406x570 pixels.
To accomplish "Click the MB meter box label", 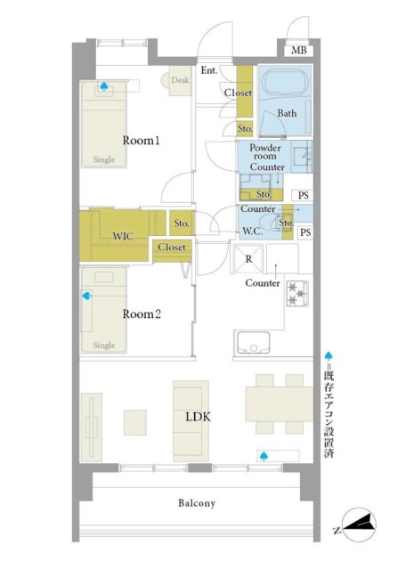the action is tap(299, 50).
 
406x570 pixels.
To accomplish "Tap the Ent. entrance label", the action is tap(209, 69).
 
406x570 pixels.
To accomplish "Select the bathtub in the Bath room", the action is tap(284, 83).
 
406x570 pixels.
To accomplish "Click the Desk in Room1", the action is tap(180, 80).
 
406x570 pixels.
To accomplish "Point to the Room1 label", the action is tap(141, 141).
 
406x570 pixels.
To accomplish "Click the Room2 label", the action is tap(142, 313).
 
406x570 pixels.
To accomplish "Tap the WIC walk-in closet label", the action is tap(123, 236).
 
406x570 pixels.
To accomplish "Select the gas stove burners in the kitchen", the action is tap(297, 293).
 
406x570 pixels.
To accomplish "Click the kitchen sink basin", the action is tap(254, 343).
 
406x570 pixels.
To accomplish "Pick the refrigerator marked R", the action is tap(248, 258).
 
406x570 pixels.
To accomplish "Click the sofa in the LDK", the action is tap(191, 421).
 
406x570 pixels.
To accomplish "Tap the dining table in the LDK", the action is tap(280, 403).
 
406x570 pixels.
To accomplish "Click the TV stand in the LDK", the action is tap(91, 427).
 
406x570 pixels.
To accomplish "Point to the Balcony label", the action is tap(197, 503).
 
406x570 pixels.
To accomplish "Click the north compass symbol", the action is tap(355, 525).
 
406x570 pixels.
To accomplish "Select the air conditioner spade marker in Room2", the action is tap(86, 296).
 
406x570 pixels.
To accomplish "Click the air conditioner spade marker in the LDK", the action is tap(264, 455).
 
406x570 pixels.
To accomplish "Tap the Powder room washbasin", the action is tap(301, 157).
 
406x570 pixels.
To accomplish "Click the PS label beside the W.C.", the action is tap(305, 232).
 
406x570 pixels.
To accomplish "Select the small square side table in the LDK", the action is tap(134, 422).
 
